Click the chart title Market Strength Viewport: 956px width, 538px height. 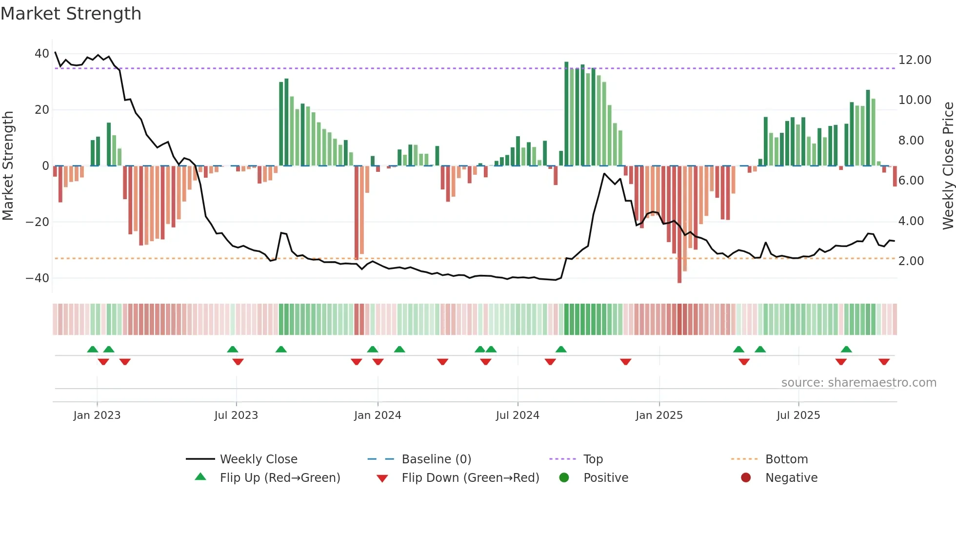pos(71,14)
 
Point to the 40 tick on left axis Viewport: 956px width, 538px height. pos(42,54)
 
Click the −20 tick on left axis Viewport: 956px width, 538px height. pos(38,222)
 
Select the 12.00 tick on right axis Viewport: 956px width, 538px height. pos(915,60)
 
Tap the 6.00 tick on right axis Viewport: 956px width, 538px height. pos(911,181)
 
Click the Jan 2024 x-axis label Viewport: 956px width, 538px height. pos(378,415)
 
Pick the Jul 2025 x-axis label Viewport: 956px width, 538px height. pos(798,415)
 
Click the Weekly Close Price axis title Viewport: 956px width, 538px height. pos(948,166)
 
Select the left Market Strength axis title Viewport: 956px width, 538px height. pos(8,166)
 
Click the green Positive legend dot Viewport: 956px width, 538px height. pos(564,478)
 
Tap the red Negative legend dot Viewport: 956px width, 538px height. pos(745,478)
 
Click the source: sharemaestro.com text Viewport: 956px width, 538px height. pos(858,383)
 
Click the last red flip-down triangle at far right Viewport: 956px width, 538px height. pos(884,362)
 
